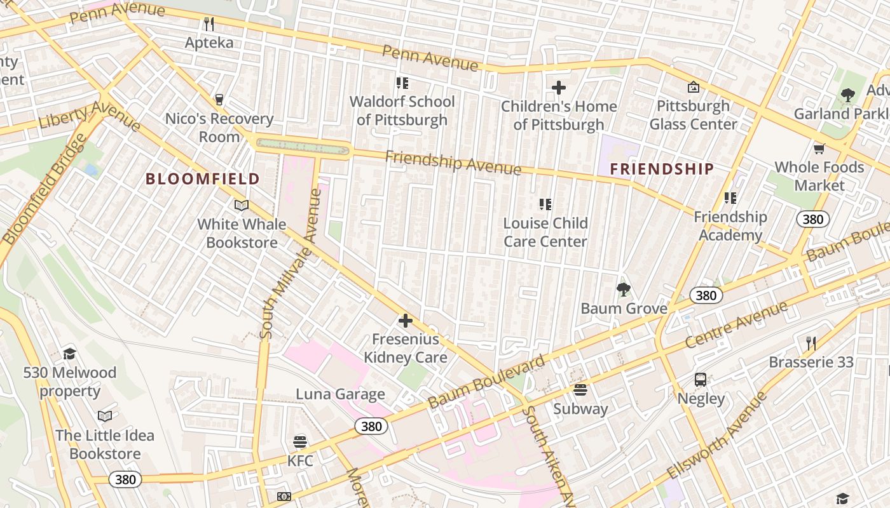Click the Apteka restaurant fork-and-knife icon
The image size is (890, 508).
[209, 24]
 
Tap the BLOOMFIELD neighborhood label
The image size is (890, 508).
[203, 179]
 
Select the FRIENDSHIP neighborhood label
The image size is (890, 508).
[662, 169]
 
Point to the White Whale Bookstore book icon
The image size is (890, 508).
[241, 205]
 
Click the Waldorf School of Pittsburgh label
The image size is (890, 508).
[402, 110]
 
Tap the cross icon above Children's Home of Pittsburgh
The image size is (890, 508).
[559, 87]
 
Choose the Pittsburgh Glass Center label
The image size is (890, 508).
[693, 115]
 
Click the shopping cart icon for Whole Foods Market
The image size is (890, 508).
[819, 149]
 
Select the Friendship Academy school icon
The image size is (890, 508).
[730, 198]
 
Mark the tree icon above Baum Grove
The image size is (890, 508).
[624, 290]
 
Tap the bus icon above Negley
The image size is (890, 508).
[701, 380]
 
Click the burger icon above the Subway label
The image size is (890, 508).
[580, 390]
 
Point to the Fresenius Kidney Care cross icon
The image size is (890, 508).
[405, 321]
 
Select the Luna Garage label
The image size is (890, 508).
[340, 394]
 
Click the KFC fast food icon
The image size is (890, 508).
[300, 441]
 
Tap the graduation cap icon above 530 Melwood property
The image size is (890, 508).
[69, 354]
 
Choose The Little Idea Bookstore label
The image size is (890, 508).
[105, 444]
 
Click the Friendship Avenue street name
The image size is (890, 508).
[453, 163]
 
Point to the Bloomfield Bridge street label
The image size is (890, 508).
[43, 189]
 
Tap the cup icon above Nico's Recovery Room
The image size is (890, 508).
[219, 100]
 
